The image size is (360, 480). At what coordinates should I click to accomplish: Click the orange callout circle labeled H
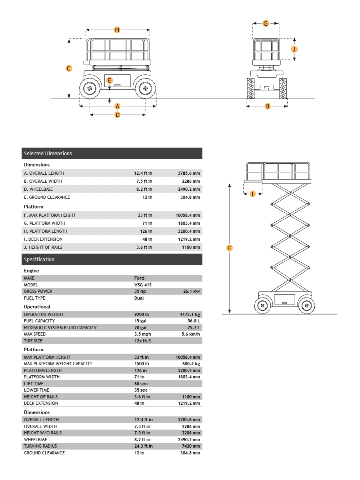(x=117, y=30)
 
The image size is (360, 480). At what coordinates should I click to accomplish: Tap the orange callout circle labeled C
(x=69, y=68)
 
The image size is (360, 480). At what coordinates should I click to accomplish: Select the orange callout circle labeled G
(x=266, y=24)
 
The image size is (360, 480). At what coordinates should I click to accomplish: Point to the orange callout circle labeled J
(x=294, y=49)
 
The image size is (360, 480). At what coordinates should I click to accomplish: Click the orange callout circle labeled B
(x=268, y=106)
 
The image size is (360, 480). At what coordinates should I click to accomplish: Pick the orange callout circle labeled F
(x=230, y=248)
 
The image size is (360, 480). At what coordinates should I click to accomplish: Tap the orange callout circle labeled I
(x=252, y=194)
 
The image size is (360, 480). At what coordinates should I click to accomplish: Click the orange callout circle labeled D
(x=118, y=115)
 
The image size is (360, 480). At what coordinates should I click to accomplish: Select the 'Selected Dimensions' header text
(x=48, y=154)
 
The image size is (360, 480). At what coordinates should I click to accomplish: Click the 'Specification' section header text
(x=39, y=260)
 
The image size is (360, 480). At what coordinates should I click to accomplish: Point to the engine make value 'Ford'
(x=140, y=278)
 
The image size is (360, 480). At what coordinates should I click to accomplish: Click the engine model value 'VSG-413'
(x=143, y=285)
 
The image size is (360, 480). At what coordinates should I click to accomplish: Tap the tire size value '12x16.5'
(x=142, y=341)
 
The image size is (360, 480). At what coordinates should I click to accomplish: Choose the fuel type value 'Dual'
(x=139, y=298)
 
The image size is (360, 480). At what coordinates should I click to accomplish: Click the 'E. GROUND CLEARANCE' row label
(x=47, y=197)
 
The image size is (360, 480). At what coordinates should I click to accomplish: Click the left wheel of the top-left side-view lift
(x=90, y=88)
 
